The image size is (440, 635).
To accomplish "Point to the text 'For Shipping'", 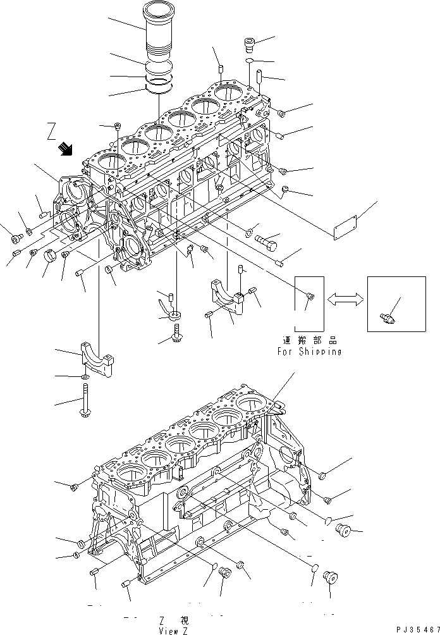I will click(309, 351).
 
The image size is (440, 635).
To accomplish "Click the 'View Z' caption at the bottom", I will click(171, 630).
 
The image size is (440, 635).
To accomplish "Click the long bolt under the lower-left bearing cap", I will click(83, 402).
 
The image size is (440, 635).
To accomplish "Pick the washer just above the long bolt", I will click(83, 378).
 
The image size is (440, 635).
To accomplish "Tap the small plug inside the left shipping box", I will click(308, 295).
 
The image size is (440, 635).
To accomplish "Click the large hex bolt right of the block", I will click(267, 240).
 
